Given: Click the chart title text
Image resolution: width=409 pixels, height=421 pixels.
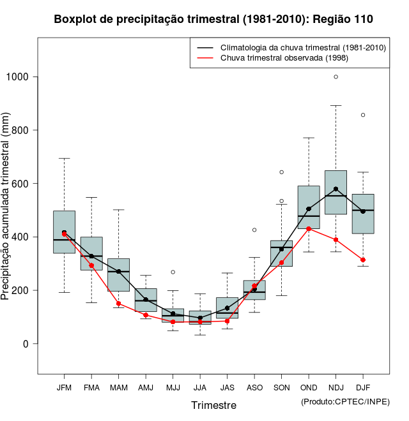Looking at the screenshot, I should coord(213,20).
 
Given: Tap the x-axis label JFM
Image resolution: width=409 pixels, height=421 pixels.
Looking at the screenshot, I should coord(64,387).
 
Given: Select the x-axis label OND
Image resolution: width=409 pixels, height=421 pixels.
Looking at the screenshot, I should coord(309,387).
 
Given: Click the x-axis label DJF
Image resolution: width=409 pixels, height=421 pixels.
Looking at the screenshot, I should coord(363,387).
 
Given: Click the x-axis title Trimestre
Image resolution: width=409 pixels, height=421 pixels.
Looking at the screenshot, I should coord(213,405).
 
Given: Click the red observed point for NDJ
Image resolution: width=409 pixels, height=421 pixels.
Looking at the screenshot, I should coord(336,240).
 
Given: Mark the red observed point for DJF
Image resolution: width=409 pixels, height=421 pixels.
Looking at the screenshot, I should coord(363,260).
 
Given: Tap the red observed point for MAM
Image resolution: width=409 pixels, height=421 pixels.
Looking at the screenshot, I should coord(118,304).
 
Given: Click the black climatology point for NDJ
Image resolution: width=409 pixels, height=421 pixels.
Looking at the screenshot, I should coord(336,189).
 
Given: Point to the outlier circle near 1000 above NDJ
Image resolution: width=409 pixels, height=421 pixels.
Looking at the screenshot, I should coord(336,77).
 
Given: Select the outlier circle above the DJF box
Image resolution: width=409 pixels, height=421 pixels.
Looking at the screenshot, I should coord(363,115).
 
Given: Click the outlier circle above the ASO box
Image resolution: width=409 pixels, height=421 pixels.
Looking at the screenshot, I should coord(254,230).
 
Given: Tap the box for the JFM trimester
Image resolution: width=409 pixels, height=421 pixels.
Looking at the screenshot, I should coord(64,232).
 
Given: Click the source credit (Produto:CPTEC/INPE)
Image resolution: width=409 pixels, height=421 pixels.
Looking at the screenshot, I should coord(345,401).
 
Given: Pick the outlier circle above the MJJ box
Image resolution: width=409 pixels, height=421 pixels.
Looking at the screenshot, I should coord(173,272).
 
